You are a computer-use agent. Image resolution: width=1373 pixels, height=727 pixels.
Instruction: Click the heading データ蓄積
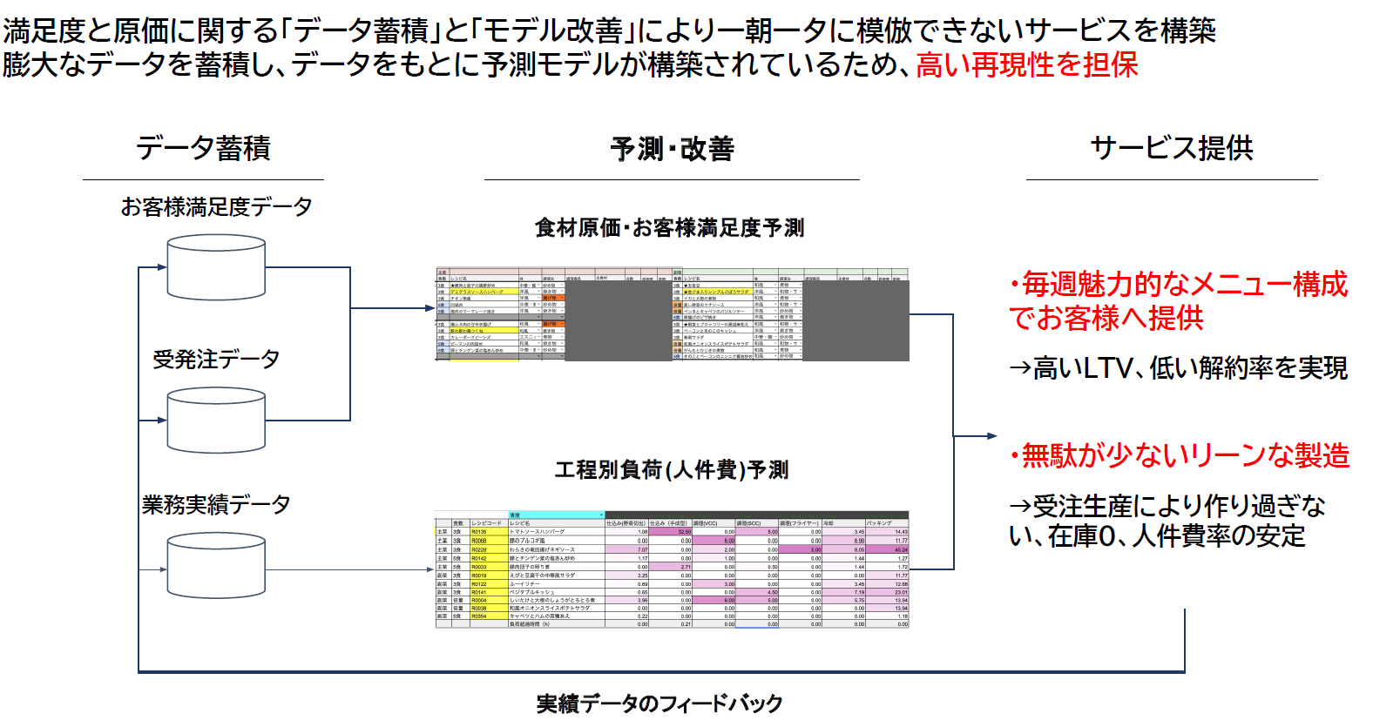203,148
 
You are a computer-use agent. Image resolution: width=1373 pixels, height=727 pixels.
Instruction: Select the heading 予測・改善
672,149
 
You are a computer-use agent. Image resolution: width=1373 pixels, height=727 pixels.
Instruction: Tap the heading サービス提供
1172,148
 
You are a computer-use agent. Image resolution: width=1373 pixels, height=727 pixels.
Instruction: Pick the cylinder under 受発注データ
216,421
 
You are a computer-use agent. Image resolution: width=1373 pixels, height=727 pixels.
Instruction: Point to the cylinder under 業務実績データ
216,566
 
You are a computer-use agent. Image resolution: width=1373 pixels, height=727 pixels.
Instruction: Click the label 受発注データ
216,359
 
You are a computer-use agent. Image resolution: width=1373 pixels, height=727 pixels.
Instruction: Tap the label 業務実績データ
216,504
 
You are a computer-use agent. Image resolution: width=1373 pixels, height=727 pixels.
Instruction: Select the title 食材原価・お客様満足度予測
669,228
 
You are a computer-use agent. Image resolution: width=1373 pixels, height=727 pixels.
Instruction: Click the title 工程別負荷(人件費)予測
672,470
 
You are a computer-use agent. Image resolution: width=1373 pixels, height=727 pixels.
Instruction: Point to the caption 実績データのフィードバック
659,703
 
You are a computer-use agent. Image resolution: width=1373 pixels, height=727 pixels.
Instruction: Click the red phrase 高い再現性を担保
1027,65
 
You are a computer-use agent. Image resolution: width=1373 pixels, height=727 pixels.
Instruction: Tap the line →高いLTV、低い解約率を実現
1178,368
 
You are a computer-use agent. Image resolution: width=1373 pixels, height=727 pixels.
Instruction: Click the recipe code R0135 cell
480,532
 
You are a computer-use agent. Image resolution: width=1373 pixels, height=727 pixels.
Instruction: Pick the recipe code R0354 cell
480,616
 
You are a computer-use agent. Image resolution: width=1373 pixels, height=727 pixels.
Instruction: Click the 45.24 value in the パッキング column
900,549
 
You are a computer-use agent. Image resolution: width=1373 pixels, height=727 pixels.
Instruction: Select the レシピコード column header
487,523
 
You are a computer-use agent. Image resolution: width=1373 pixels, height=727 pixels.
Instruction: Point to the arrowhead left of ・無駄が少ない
991,435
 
